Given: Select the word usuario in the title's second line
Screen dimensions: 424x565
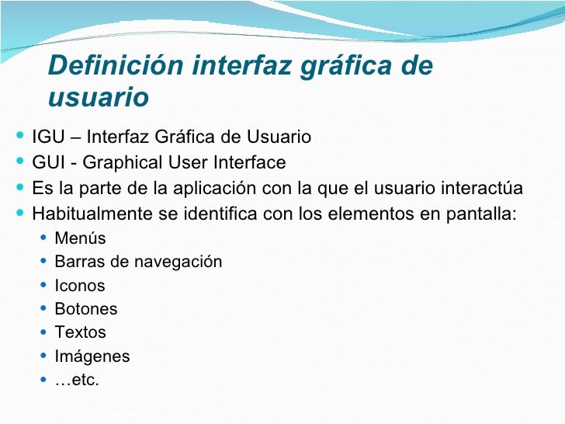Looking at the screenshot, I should coord(98,99).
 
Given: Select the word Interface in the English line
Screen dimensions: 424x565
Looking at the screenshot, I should coord(247,163).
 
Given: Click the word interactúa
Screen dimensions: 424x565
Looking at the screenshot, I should coord(479,189).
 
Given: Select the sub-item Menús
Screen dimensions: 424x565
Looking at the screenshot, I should coord(80,238).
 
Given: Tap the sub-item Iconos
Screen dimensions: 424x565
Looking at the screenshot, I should coord(79,286).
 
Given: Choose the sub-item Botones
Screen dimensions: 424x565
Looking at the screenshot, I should coord(86,309).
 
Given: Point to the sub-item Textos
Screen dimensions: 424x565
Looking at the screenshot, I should coord(80,332).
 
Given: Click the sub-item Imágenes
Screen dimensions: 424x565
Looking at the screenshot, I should coord(92,356).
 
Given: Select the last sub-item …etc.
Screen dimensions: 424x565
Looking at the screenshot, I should coord(77,381).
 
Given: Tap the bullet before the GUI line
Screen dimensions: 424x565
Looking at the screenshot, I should coord(19,163).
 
